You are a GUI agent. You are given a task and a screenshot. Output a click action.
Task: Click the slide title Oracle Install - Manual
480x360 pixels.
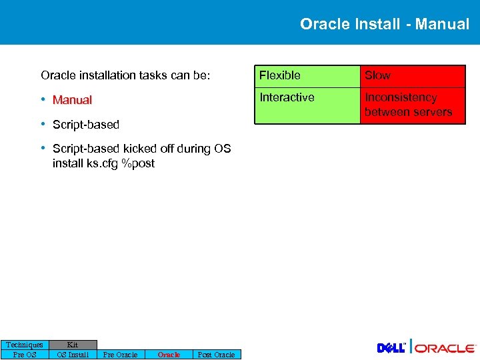pos(385,24)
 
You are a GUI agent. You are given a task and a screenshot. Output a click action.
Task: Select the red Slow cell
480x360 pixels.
pos(412,76)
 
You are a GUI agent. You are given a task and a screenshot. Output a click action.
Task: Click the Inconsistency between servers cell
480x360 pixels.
pos(412,105)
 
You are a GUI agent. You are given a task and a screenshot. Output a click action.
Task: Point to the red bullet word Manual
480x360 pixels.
pos(72,100)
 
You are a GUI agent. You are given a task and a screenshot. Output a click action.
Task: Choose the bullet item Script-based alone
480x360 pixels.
pos(86,125)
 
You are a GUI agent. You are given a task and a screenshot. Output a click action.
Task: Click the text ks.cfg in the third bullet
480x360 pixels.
pos(103,163)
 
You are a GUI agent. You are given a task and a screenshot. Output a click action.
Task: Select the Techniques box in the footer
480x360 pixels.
pos(25,345)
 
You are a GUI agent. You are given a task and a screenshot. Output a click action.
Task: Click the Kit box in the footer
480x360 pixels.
pos(73,345)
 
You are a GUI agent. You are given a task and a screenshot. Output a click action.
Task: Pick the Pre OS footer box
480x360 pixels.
pos(25,355)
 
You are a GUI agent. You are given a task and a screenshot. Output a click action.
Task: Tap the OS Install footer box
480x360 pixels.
pos(73,355)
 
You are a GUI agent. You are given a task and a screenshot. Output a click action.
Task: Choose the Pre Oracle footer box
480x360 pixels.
pos(121,355)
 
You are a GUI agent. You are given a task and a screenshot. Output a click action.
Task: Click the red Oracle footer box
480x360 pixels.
pos(169,355)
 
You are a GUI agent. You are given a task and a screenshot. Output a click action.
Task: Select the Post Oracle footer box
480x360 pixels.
pos(217,355)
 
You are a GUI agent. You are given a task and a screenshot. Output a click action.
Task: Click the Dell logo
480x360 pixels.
pos(391,348)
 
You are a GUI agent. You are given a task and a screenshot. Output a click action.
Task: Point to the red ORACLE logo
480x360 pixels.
pos(445,348)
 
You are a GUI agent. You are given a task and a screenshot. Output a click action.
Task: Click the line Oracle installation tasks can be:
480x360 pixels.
pos(125,76)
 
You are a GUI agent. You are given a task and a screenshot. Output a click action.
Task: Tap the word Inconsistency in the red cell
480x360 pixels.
pos(401,97)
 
